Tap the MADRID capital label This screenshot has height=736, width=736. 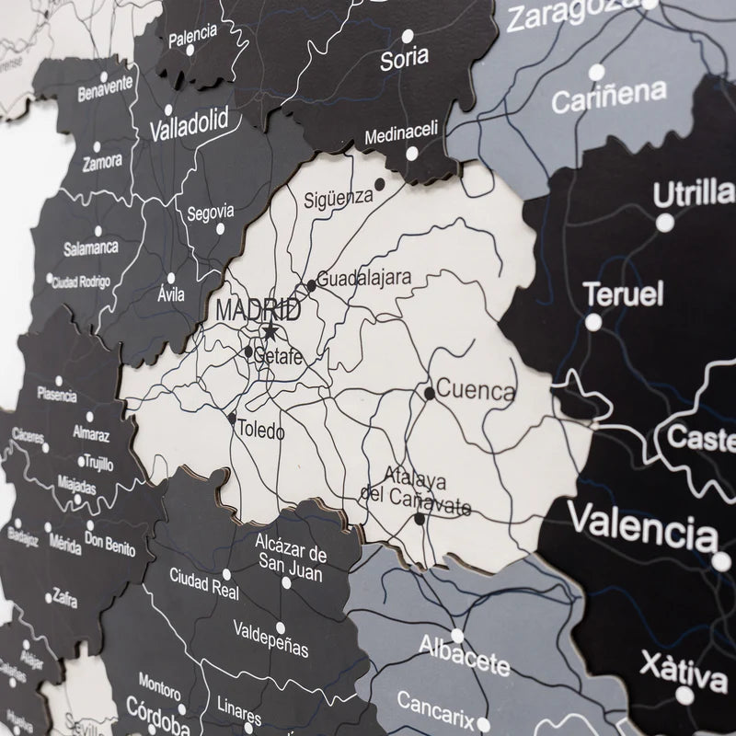(257, 309)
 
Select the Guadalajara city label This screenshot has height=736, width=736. (364, 277)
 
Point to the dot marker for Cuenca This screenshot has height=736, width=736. (430, 393)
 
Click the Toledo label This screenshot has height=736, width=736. (261, 429)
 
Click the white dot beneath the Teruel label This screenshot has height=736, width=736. (594, 322)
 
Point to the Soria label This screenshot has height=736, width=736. (404, 57)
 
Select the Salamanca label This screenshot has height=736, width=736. (91, 248)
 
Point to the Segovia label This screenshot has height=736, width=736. (210, 212)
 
